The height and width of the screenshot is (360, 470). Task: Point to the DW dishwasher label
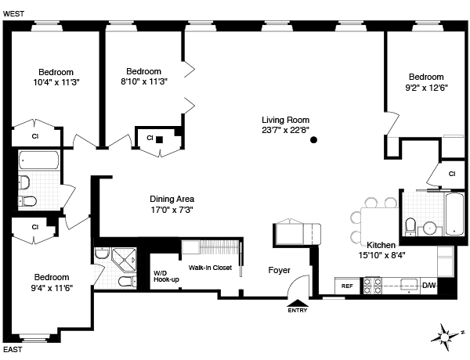[428, 286]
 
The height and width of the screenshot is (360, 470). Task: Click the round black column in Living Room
[313, 141]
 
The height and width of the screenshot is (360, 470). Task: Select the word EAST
[13, 349]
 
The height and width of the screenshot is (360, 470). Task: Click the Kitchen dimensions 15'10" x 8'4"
[381, 254]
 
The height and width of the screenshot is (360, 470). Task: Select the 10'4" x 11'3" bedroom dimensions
[56, 81]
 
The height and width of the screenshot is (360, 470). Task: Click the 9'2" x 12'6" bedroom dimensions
[426, 88]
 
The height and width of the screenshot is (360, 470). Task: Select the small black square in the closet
[159, 139]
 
